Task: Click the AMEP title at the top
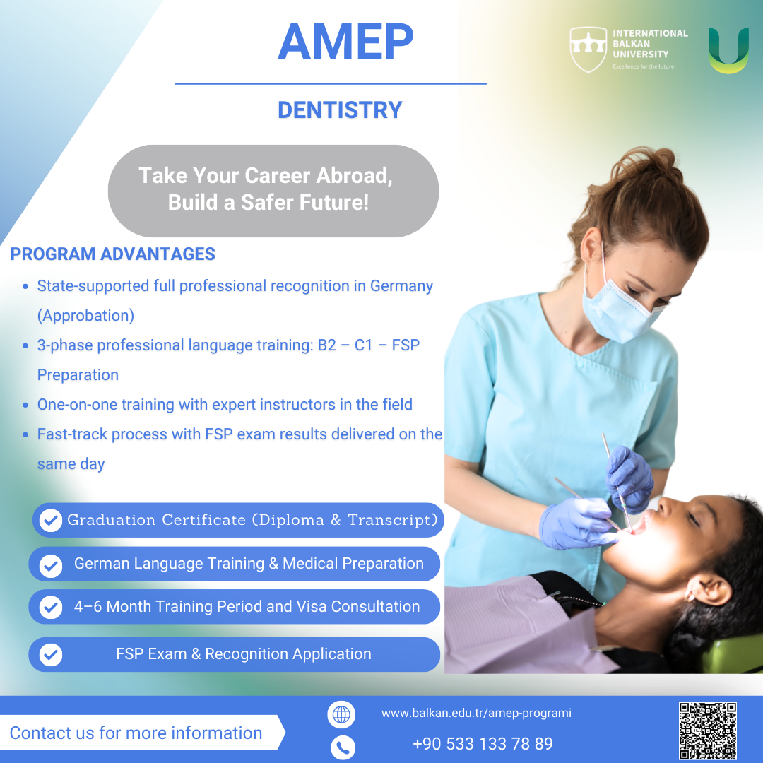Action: tap(345, 42)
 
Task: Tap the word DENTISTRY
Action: tap(340, 110)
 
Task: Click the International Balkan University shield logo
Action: tap(588, 49)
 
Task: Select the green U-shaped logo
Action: tap(728, 51)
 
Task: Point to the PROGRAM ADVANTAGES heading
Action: tap(112, 254)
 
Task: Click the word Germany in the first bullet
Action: tap(401, 286)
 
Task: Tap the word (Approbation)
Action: tap(85, 316)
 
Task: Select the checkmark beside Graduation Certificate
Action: tap(51, 520)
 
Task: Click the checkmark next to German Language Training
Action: tap(51, 566)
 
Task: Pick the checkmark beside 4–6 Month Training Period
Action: tap(51, 608)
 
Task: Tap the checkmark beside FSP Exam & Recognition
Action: tap(51, 655)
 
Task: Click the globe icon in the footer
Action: tap(342, 714)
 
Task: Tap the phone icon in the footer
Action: tap(343, 747)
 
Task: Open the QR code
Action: tap(708, 731)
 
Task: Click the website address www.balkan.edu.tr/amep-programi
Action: tap(476, 714)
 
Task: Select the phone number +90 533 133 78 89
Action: tap(483, 744)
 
